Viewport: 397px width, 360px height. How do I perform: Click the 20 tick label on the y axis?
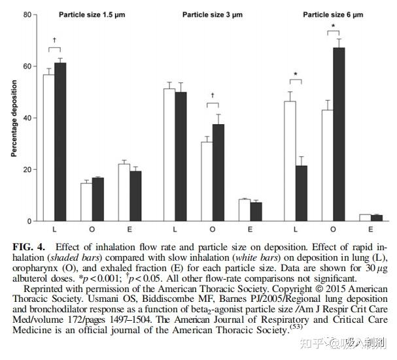click(26, 169)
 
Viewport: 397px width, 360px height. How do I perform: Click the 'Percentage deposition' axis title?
click(14, 118)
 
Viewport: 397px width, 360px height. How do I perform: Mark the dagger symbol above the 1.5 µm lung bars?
click(54, 39)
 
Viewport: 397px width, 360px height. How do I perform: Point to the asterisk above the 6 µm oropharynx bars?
click(333, 27)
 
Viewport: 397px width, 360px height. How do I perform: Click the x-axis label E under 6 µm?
click(371, 229)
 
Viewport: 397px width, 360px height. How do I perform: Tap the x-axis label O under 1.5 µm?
click(92, 229)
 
